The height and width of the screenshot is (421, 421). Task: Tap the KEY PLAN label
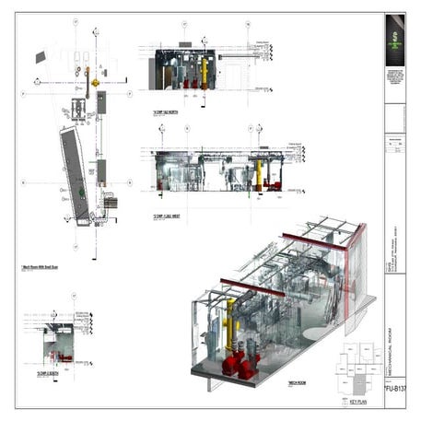point(355,402)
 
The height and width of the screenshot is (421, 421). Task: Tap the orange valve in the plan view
point(94,83)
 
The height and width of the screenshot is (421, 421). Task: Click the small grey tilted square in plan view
point(40,57)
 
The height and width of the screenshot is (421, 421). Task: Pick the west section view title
point(167,217)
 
